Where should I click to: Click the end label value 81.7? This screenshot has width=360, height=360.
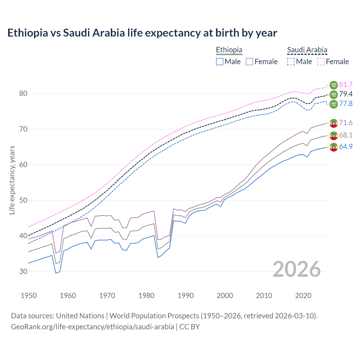pyautogui.click(x=346, y=85)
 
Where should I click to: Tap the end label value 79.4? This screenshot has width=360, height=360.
pyautogui.click(x=346, y=94)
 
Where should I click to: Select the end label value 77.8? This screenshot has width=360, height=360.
pyautogui.click(x=346, y=103)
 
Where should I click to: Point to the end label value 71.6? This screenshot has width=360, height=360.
pyautogui.click(x=346, y=123)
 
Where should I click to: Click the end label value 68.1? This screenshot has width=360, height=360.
pyautogui.click(x=346, y=135)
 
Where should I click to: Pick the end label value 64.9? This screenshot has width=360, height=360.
pyautogui.click(x=346, y=147)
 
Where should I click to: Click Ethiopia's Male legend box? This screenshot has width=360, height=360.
pyautogui.click(x=220, y=62)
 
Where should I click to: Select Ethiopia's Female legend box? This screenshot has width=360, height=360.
pyautogui.click(x=249, y=62)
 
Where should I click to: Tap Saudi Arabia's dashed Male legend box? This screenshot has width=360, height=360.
pyautogui.click(x=291, y=62)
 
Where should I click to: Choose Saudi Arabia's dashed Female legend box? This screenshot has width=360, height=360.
pyautogui.click(x=321, y=62)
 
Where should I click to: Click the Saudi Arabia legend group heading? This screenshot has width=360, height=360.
pyautogui.click(x=307, y=50)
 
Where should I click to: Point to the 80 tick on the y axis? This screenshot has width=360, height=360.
pyautogui.click(x=23, y=93)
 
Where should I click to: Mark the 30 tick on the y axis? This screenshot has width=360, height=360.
pyautogui.click(x=23, y=271)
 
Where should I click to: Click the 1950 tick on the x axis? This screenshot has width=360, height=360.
pyautogui.click(x=29, y=296)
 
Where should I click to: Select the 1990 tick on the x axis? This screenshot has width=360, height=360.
pyautogui.click(x=186, y=296)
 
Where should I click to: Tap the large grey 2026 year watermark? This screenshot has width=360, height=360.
pyautogui.click(x=297, y=269)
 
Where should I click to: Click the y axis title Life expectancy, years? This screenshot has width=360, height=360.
pyautogui.click(x=12, y=180)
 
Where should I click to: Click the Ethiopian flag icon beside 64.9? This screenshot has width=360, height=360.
pyautogui.click(x=334, y=147)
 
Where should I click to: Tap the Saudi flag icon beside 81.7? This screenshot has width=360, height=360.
pyautogui.click(x=334, y=85)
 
